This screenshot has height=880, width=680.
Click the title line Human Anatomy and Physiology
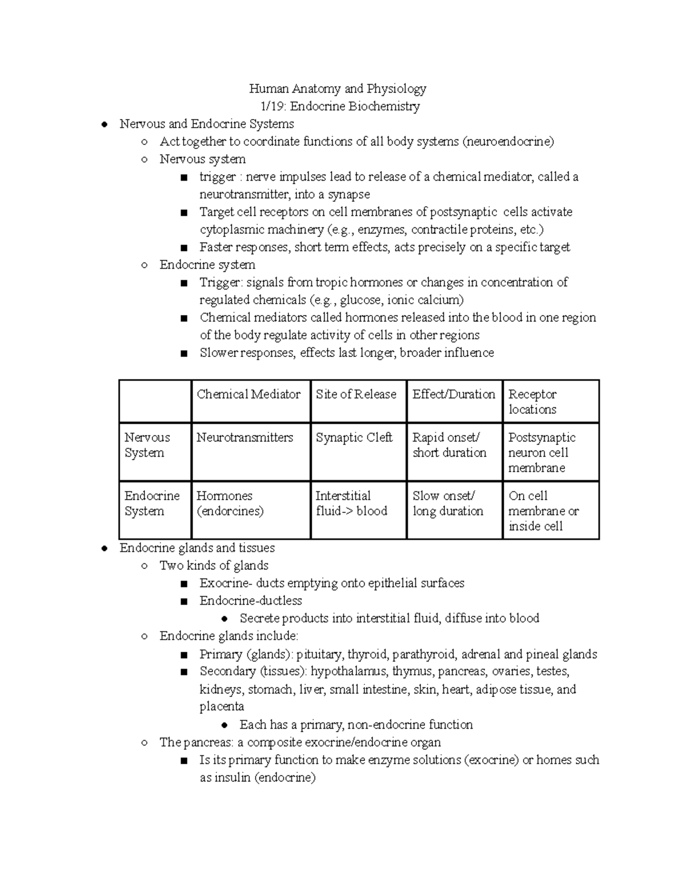coord(338,88)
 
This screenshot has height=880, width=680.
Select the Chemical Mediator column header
coord(248,394)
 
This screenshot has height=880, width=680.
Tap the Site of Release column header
coord(356,394)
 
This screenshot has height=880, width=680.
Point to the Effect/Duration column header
coord(453,394)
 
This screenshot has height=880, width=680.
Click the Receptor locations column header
coord(533,402)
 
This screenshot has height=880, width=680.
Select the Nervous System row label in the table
coord(147,445)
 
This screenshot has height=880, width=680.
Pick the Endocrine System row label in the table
coord(151,503)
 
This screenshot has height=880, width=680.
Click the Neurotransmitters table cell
coord(244,437)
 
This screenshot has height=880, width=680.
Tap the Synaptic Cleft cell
coord(354,437)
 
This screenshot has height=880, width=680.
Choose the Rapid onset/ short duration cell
coord(449,445)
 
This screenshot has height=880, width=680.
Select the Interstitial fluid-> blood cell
coord(351,503)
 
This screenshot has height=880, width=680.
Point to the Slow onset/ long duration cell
coord(448,503)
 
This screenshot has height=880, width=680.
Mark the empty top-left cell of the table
coord(155,401)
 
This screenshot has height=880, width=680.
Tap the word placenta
coord(222,707)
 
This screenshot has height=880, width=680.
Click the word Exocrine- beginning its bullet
coord(225,583)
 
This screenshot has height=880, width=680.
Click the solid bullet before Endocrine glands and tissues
coord(104,549)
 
